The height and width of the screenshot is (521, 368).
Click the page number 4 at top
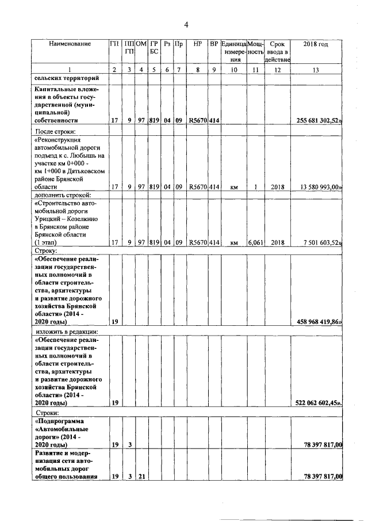(186, 24)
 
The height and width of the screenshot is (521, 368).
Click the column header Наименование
(70, 44)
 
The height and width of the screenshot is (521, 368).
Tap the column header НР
(197, 44)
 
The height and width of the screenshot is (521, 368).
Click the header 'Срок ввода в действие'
(278, 52)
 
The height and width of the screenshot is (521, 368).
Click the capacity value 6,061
(255, 243)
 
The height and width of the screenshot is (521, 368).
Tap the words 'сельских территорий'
(63, 78)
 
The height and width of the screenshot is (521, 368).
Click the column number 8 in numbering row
(197, 70)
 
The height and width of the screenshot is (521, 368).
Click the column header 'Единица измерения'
(234, 52)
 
